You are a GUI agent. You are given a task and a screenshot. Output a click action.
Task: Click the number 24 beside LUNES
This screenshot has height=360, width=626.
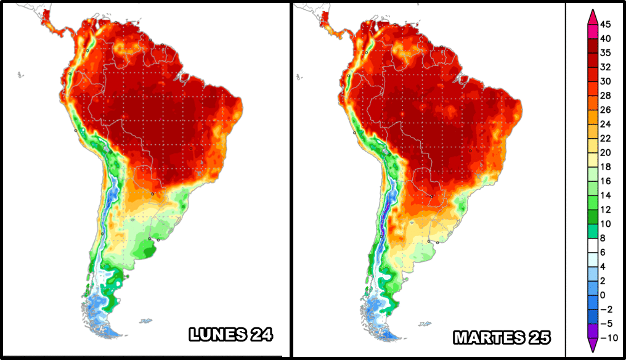(x=262, y=335)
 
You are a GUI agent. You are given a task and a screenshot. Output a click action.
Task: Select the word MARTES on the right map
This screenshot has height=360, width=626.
(x=489, y=338)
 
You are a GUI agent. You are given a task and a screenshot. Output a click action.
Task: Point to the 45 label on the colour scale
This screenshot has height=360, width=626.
(x=605, y=25)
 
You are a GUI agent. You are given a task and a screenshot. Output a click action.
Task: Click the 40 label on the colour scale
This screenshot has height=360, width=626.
(x=605, y=39)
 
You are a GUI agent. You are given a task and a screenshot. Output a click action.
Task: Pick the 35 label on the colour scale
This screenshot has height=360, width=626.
(x=605, y=53)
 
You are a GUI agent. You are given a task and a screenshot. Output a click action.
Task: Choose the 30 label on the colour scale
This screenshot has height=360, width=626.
(x=605, y=81)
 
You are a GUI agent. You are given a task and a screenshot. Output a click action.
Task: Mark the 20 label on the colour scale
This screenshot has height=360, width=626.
(x=605, y=153)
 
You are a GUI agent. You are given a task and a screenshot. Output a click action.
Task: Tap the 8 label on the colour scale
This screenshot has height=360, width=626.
(x=603, y=238)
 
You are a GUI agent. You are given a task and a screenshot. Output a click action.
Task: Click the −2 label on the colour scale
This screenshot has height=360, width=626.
(x=606, y=309)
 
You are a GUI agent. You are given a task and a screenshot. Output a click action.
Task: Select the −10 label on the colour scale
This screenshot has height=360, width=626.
(x=609, y=338)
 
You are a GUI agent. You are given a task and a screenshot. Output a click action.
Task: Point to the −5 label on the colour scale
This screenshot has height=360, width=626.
(x=606, y=324)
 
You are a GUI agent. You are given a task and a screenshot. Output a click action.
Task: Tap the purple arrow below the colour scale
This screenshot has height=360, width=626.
(x=593, y=345)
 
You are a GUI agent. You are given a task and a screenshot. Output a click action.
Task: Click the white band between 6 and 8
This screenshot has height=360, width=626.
(x=593, y=245)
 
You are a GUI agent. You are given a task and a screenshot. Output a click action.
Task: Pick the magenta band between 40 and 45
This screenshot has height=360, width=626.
(x=593, y=31)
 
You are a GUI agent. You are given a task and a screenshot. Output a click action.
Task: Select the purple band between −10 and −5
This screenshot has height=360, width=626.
(x=593, y=331)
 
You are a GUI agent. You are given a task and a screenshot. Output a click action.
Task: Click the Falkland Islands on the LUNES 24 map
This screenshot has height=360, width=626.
(x=146, y=321)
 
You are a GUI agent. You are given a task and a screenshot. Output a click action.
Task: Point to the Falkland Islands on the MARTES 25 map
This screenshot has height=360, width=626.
(x=425, y=324)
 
